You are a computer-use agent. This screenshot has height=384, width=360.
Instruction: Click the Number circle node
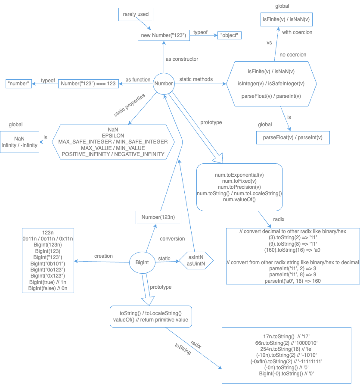click(164, 84)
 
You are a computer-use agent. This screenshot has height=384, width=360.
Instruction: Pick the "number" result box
click(20, 84)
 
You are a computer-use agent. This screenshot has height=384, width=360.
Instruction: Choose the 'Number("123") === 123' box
click(88, 84)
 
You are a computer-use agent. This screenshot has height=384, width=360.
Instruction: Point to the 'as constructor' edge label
click(182, 59)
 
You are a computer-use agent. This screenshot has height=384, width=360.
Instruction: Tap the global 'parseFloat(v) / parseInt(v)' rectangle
click(292, 138)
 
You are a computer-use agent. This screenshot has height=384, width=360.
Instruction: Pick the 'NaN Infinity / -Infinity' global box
click(19, 142)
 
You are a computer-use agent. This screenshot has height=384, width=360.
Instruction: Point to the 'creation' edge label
click(103, 256)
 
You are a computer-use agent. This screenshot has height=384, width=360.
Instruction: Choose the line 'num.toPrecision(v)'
click(239, 187)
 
